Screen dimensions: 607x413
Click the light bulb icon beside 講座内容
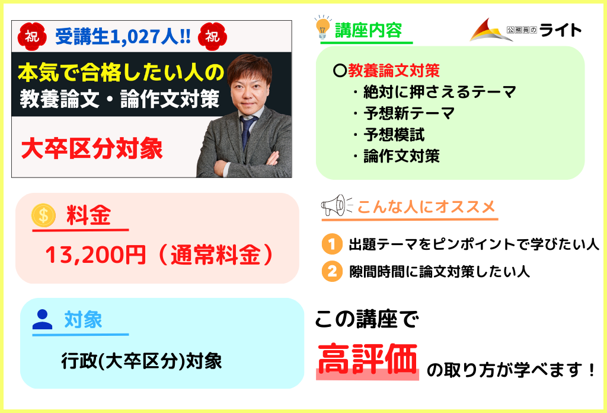[323, 27]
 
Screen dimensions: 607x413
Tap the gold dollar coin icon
[44, 215]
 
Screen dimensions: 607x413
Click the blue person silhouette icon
[42, 320]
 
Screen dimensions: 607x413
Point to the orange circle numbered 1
[332, 244]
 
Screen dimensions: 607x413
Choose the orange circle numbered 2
[332, 271]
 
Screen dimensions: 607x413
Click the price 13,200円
[95, 255]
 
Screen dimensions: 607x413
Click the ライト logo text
[560, 30]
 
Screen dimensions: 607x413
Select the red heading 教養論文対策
[394, 71]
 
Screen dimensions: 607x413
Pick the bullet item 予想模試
[394, 135]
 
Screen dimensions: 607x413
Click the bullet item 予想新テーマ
[409, 113]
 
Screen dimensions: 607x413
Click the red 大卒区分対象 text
[92, 149]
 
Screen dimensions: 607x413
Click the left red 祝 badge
[32, 36]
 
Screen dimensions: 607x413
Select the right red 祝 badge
[212, 36]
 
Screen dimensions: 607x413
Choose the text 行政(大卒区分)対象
[142, 361]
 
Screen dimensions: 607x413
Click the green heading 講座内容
[368, 30]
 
